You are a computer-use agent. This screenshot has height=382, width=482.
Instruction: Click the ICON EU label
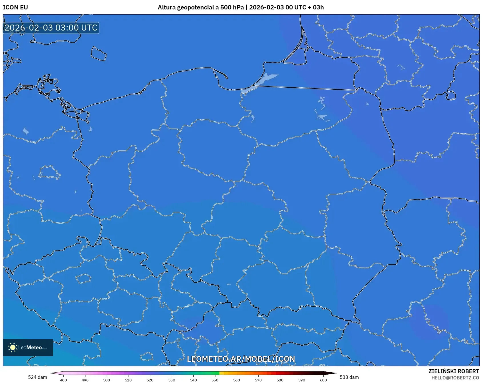[x=15, y=7]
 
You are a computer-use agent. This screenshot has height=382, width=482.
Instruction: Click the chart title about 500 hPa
[x=241, y=7]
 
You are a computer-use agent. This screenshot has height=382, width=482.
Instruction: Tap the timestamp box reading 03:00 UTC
[x=51, y=28]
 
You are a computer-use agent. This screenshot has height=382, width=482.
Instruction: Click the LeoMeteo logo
[x=28, y=347]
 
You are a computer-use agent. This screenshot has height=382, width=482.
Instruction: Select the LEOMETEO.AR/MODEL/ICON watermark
[x=241, y=359]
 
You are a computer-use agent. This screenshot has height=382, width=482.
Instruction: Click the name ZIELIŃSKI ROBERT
[x=453, y=371]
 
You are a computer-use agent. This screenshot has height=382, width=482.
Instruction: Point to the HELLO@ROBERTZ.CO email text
[x=455, y=378]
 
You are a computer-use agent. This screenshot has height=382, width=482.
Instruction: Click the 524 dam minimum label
[x=37, y=377]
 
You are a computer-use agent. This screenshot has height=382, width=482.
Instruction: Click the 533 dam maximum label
[x=349, y=377]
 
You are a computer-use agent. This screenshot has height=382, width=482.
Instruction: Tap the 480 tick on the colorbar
[x=63, y=380]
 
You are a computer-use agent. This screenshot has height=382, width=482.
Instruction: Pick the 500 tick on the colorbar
[x=107, y=380]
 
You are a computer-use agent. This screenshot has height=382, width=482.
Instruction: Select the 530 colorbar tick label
[x=172, y=380]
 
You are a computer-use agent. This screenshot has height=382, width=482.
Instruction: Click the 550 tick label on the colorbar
[x=215, y=380]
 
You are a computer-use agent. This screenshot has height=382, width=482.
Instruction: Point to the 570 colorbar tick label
[x=258, y=380]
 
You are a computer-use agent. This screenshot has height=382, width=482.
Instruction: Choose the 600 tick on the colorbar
[x=323, y=380]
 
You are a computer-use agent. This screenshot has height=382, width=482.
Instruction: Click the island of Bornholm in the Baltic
[x=99, y=54]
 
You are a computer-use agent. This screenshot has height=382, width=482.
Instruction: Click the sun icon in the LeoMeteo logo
[x=13, y=347]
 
